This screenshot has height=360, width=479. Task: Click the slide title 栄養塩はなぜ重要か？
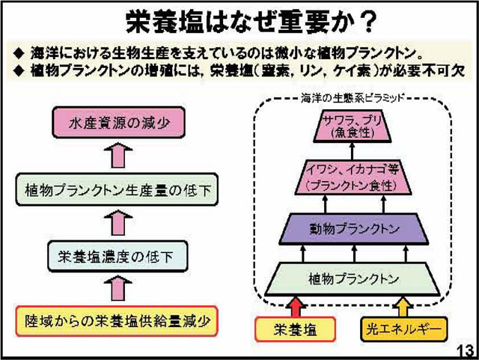coord(239,20)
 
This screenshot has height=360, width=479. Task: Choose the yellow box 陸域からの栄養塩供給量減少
coord(115,323)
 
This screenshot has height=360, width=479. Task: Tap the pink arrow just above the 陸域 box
coord(117,290)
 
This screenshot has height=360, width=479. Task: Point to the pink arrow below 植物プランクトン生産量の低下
coord(117,223)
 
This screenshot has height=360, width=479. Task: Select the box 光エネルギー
coord(401,329)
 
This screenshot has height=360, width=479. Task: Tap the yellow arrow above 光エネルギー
coord(402,305)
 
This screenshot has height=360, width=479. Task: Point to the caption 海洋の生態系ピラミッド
coord(353,97)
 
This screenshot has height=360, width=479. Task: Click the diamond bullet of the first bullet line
coord(19,54)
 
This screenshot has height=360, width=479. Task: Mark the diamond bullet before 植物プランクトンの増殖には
coord(19,73)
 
